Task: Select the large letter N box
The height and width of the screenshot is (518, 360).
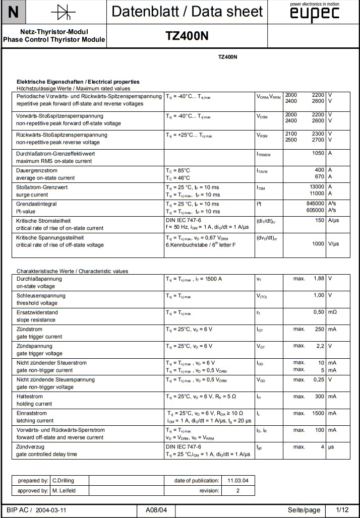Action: (14, 13)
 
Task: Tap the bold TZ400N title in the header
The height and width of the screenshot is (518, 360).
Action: (187, 36)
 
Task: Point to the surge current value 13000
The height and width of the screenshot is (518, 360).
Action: (316, 187)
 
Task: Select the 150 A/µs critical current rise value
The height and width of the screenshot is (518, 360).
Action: (319, 220)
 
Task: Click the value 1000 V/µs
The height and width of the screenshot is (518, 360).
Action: (318, 244)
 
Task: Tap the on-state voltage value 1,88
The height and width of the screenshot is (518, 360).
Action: (318, 278)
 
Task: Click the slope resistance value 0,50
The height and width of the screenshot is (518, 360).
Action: (318, 312)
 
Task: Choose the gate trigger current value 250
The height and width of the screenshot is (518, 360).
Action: (319, 329)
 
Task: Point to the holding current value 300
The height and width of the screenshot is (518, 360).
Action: (319, 397)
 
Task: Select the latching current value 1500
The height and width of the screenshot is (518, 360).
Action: (317, 413)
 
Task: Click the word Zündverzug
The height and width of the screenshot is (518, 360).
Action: (31, 446)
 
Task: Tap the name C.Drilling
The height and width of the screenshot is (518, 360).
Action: (63, 480)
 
